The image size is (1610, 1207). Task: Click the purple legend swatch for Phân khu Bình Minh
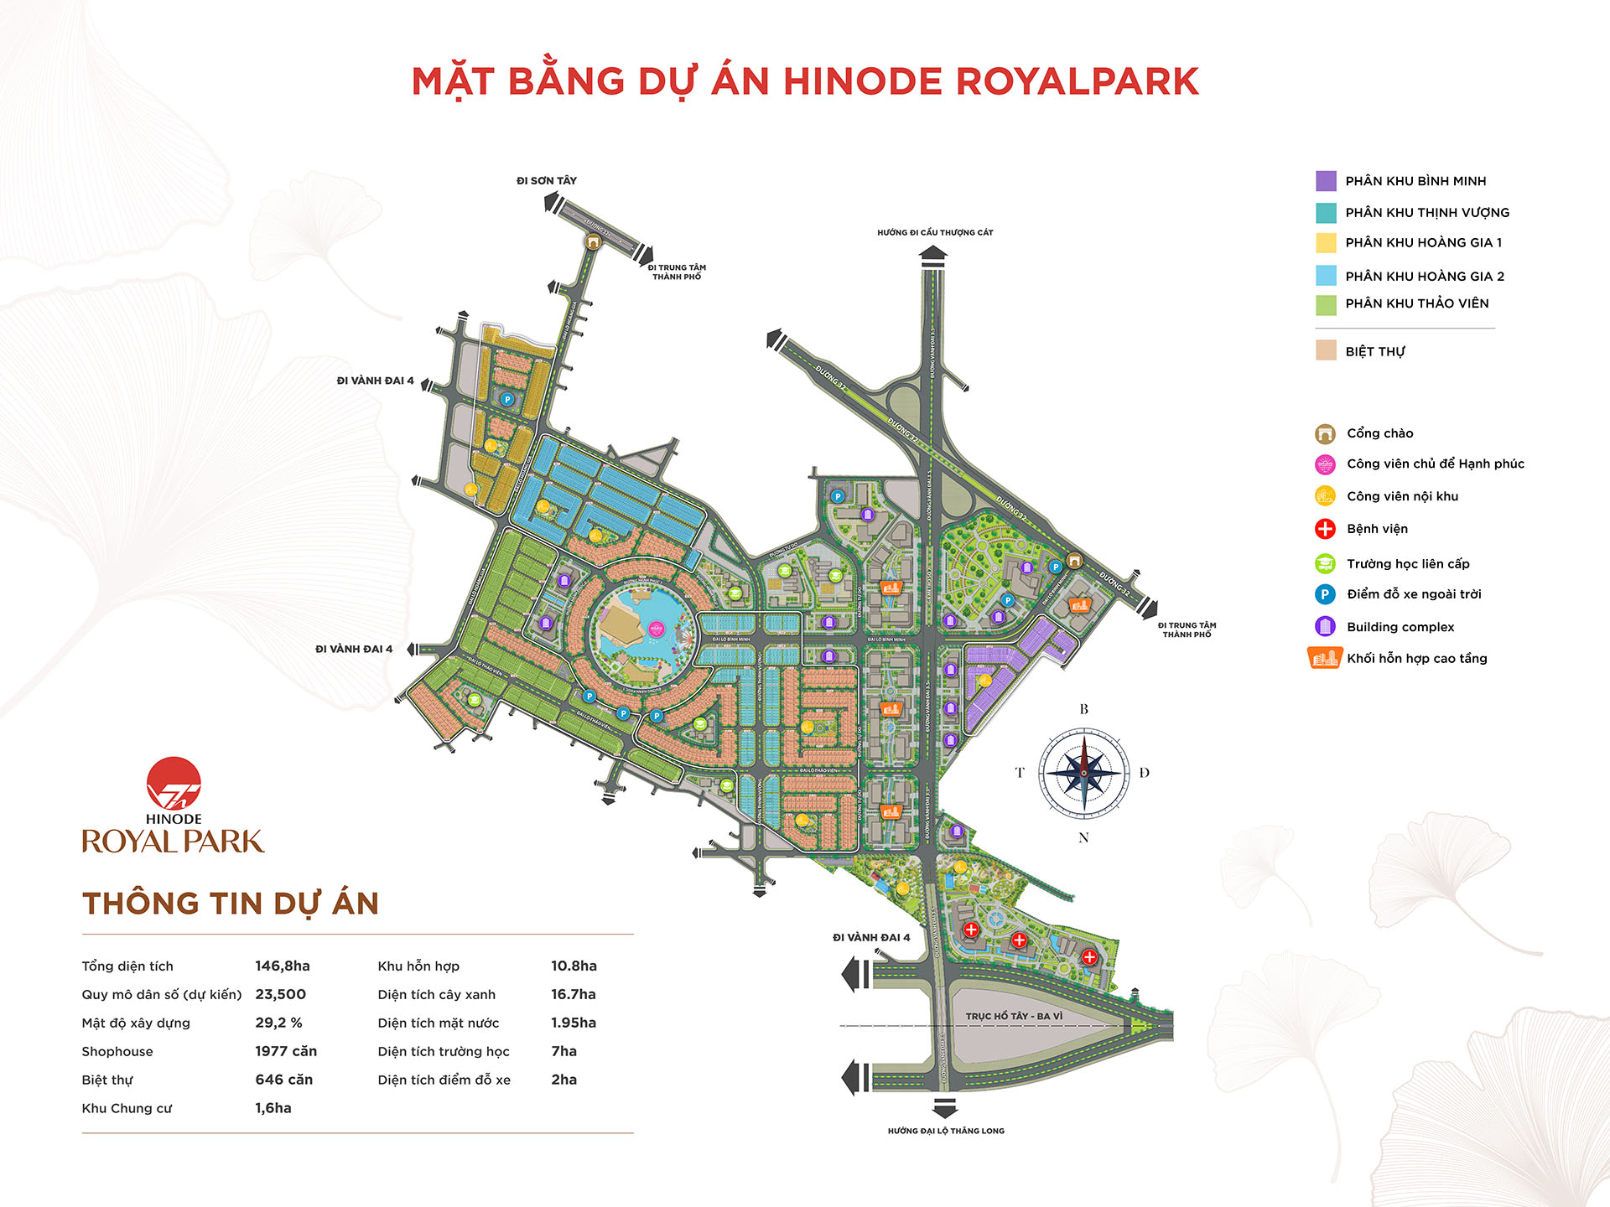(1326, 181)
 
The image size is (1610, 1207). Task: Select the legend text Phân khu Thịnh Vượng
(1427, 213)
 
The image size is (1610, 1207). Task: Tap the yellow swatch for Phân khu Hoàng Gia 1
(1326, 243)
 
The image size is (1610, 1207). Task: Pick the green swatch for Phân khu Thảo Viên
(1326, 304)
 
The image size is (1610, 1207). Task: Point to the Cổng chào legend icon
(1325, 434)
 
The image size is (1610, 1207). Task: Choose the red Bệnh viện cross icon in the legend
(1325, 529)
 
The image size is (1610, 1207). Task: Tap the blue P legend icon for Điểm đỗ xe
(1325, 594)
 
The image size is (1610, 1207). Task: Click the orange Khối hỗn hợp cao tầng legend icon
(1324, 659)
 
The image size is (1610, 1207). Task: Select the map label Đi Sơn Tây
(547, 181)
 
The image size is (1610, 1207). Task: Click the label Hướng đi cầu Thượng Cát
(935, 233)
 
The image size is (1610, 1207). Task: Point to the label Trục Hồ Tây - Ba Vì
(1014, 1017)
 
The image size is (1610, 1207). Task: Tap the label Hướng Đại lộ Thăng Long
(946, 1132)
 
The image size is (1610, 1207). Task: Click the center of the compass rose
(1083, 773)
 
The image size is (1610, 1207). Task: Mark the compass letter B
(1083, 710)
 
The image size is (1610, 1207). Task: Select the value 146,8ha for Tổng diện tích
(283, 966)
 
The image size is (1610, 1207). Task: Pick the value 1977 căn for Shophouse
(286, 1052)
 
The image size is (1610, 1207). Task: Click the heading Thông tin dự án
(231, 904)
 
